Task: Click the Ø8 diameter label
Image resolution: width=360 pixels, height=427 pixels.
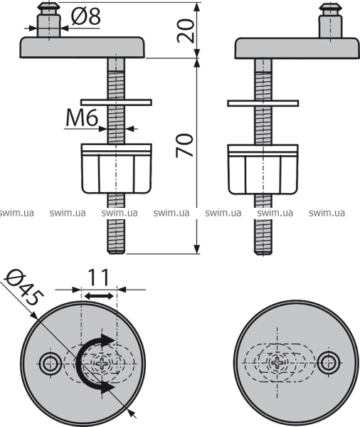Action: point(86,16)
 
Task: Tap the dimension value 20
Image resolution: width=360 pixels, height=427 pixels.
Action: point(186,31)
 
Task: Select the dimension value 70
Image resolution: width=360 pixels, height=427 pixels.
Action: point(185,145)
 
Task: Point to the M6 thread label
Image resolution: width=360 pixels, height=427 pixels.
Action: point(82,118)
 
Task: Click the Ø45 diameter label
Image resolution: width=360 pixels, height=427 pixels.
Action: point(24,288)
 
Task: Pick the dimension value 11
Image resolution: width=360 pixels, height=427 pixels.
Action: point(99,278)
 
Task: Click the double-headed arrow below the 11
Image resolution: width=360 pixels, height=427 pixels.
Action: point(99,296)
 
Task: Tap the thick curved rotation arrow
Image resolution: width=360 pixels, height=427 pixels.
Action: point(92,363)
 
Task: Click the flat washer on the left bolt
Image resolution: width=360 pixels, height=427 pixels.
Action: point(116,102)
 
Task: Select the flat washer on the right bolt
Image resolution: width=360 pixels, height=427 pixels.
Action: point(263,103)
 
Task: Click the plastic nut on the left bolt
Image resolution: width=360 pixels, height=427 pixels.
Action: point(117,169)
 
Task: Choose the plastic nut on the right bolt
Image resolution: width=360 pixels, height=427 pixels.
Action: point(263,169)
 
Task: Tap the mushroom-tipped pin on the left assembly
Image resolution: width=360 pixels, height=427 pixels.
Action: point(49,20)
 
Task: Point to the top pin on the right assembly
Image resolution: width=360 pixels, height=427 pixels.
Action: point(330,21)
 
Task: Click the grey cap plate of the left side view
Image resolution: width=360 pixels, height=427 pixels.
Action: point(83,48)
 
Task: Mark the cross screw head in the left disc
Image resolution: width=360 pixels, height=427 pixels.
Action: point(102,363)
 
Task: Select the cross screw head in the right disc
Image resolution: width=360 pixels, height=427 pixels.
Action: point(277,363)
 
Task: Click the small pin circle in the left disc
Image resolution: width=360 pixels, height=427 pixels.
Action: point(51,364)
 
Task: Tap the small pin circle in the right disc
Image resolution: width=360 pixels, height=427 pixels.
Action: point(329,363)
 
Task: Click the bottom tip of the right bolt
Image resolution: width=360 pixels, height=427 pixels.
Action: point(263,254)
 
